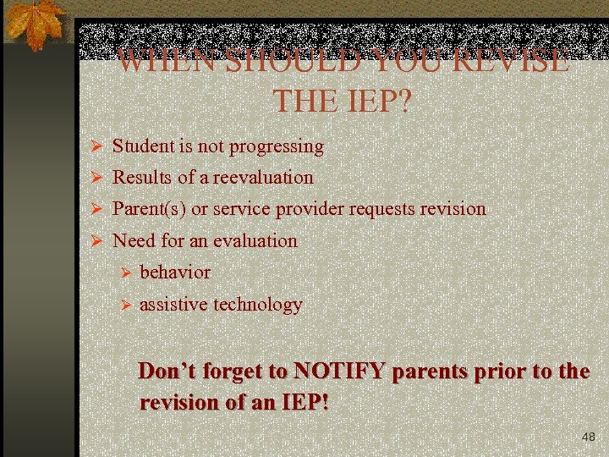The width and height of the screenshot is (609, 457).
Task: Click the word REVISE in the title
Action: pyautogui.click(x=511, y=61)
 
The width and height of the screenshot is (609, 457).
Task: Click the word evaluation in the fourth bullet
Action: pyautogui.click(x=255, y=241)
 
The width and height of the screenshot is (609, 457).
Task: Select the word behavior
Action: pyautogui.click(x=175, y=273)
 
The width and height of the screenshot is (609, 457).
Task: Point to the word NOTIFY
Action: pyautogui.click(x=339, y=372)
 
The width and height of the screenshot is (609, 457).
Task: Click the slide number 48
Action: pyautogui.click(x=589, y=438)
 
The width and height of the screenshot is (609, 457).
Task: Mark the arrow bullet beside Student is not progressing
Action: pyautogui.click(x=96, y=147)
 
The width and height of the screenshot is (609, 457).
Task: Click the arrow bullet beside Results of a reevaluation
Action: pyautogui.click(x=96, y=179)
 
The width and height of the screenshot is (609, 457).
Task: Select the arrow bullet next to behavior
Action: pyautogui.click(x=123, y=273)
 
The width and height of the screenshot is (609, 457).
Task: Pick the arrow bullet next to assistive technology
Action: pyautogui.click(x=123, y=306)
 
